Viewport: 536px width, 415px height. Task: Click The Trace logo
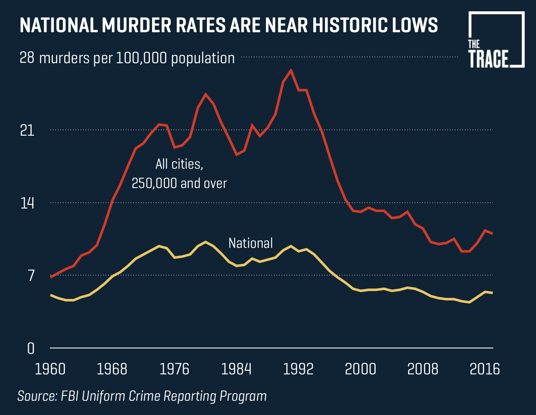coord(496,40)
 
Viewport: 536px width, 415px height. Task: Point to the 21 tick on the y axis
coord(27,131)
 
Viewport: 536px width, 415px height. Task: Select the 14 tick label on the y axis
coord(27,204)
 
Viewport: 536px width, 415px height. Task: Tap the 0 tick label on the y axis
coord(31,348)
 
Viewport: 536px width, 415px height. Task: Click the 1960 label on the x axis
coord(50,369)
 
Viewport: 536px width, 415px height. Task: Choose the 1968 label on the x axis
coord(112,369)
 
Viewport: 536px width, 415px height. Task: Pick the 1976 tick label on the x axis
coord(174,369)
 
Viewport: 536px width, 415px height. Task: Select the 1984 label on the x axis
coord(236,369)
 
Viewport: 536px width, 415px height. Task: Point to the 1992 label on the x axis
coord(298,369)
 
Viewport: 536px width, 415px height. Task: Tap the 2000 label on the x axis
coord(361,369)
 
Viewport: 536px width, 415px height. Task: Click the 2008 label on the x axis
coord(423,369)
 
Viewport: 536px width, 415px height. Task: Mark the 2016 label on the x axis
coord(484,369)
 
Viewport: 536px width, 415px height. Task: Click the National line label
coord(250,243)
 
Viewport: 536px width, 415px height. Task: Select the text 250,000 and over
coord(179,183)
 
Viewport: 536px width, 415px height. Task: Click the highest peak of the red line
coord(291,70)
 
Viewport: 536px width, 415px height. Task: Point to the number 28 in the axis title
coord(27,58)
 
